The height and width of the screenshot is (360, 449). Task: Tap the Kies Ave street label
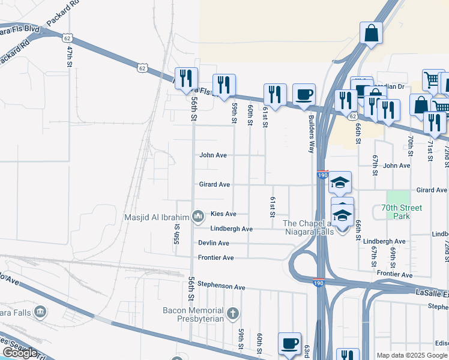(223, 214)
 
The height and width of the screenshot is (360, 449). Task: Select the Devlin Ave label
(214, 243)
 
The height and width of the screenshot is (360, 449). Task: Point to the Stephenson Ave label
(221, 287)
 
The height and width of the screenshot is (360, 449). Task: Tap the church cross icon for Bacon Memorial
(234, 313)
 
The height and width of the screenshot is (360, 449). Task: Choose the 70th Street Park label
(402, 212)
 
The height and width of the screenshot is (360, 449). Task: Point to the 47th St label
(70, 55)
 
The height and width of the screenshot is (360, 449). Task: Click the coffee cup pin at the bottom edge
(289, 343)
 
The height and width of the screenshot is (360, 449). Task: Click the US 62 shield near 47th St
(65, 37)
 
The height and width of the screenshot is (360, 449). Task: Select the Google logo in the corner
(19, 353)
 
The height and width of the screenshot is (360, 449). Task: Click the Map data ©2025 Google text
(412, 355)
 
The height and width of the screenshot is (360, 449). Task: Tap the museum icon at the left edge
(40, 311)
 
